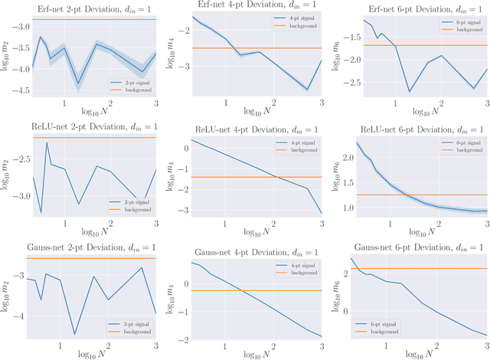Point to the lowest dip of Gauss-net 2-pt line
pyautogui.click(x=74, y=334)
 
